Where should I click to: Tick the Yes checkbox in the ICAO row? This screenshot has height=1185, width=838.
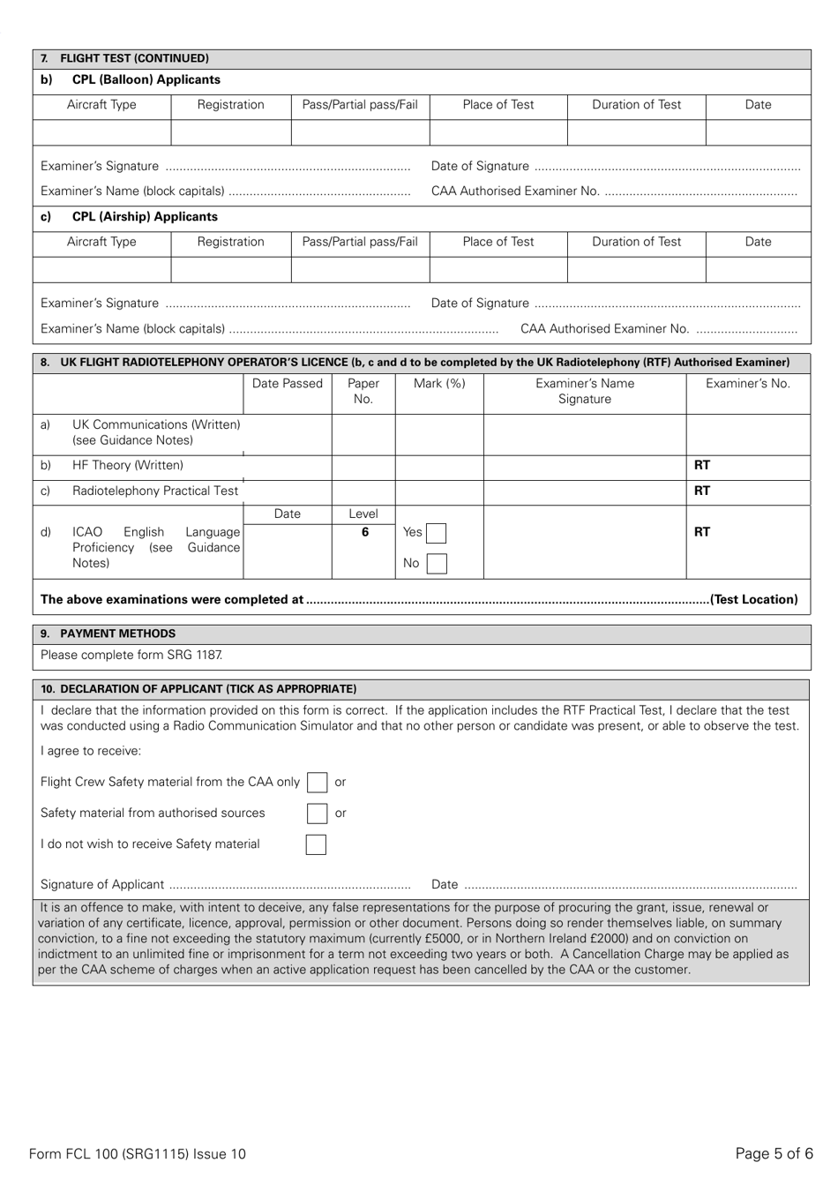tap(436, 533)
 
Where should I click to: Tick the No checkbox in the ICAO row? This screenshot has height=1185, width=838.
tap(436, 563)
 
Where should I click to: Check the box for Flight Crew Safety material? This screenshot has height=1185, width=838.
tap(317, 783)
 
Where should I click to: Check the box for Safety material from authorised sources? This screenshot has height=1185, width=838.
tap(317, 814)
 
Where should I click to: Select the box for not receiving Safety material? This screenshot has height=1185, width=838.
tap(316, 844)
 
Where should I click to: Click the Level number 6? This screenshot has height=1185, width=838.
tap(364, 532)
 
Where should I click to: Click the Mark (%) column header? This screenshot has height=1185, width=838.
tap(439, 384)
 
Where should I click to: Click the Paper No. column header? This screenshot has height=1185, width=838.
tap(363, 391)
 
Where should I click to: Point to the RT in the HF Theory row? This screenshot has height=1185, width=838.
tap(702, 465)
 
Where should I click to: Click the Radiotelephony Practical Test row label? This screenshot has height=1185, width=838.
tap(155, 491)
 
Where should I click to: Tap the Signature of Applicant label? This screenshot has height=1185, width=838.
tap(102, 884)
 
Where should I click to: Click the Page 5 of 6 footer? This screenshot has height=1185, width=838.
tap(774, 1153)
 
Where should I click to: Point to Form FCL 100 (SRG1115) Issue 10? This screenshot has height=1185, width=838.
tap(138, 1153)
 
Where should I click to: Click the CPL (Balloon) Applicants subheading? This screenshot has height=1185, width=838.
tap(146, 79)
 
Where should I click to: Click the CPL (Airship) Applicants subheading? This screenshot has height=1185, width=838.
tap(145, 217)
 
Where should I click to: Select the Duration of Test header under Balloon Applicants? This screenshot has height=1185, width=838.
tap(636, 105)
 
